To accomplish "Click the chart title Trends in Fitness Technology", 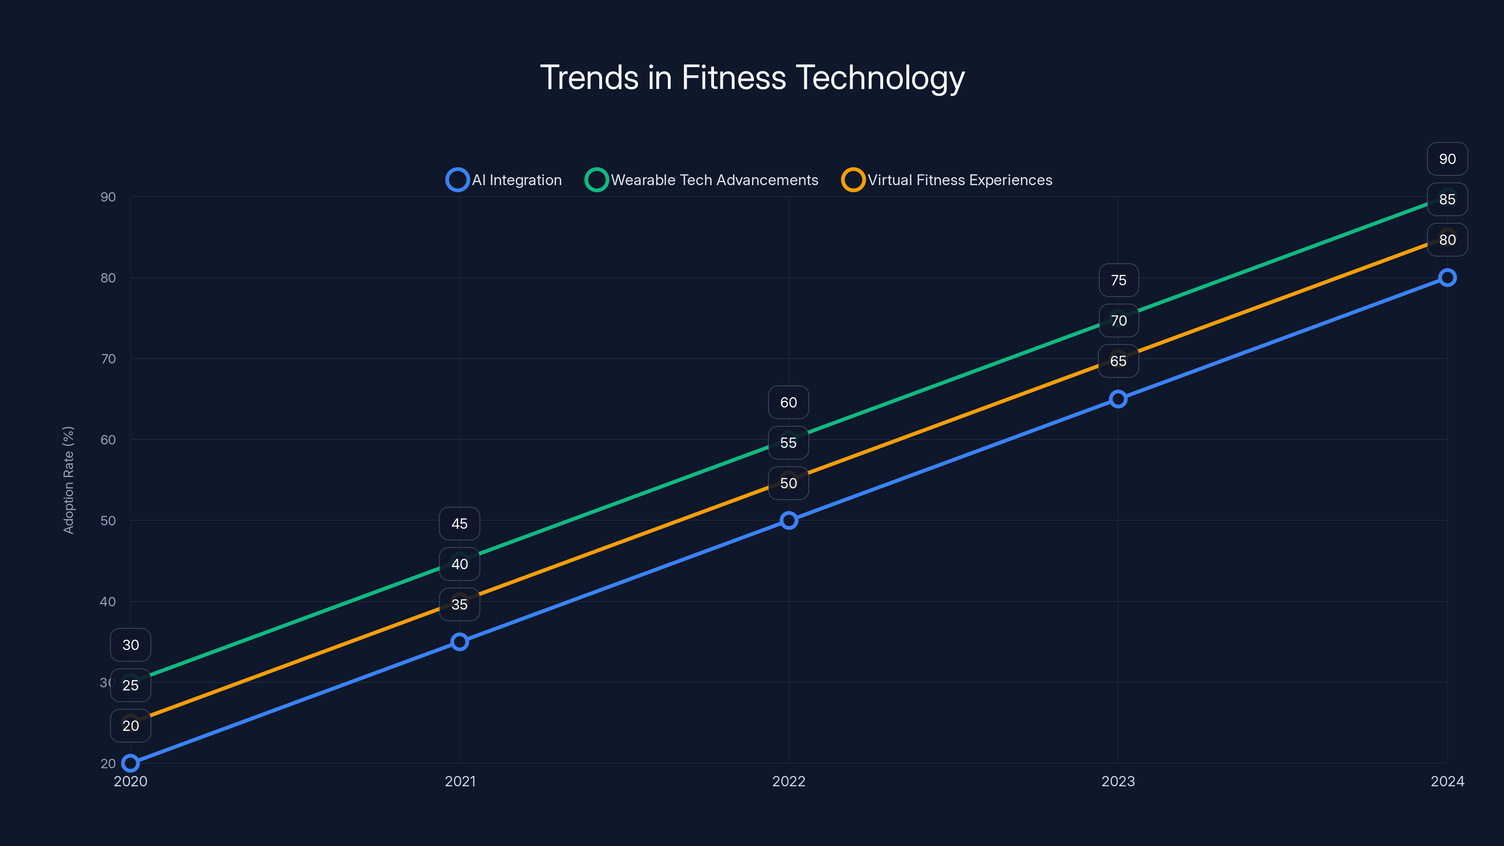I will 752,78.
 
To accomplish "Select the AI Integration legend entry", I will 504,180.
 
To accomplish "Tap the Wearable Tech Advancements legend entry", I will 702,180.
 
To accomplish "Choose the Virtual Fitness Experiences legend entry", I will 947,180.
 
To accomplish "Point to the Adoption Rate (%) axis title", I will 68,480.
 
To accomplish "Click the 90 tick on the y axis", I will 108,197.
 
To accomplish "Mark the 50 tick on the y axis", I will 108,520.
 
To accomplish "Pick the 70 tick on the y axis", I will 108,359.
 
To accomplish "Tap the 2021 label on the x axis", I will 460,781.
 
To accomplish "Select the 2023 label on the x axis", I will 1118,781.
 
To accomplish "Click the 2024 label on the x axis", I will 1447,781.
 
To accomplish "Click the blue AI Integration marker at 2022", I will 789,520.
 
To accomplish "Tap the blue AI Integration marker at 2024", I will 1447,278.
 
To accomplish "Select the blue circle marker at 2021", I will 460,642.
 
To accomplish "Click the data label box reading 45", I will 460,524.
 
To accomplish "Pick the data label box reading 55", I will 788,443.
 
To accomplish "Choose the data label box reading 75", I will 1118,280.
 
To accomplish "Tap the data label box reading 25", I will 130,685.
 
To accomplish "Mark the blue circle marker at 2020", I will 130,763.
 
